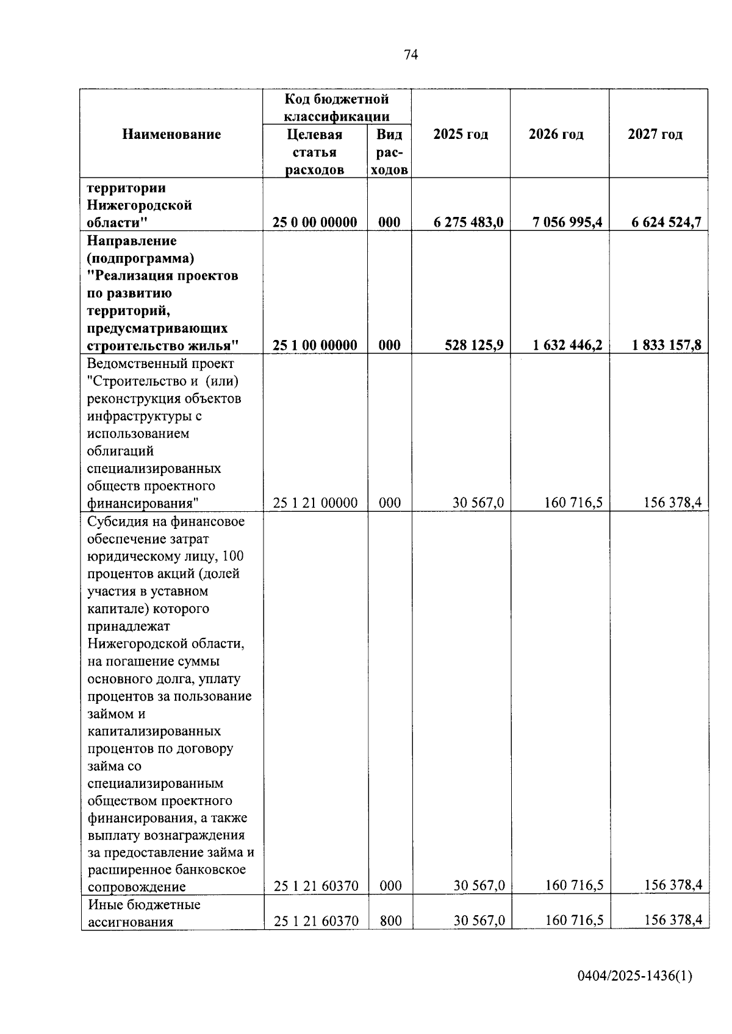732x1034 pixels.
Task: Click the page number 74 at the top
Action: pyautogui.click(x=411, y=55)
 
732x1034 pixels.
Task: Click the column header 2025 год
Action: pyautogui.click(x=461, y=135)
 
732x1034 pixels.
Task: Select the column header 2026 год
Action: pyautogui.click(x=556, y=135)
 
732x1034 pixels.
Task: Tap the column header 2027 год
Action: pyautogui.click(x=655, y=135)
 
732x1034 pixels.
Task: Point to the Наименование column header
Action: pyautogui.click(x=171, y=135)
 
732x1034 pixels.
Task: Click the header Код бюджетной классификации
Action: pyautogui.click(x=337, y=107)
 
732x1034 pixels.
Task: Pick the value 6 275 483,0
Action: pyautogui.click(x=468, y=222)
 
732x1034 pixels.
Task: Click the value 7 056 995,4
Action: pyautogui.click(x=567, y=222)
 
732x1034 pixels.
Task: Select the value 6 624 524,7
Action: pyautogui.click(x=666, y=222)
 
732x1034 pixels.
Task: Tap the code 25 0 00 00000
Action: pyautogui.click(x=315, y=222)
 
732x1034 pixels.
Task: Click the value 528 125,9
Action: pyautogui.click(x=475, y=345)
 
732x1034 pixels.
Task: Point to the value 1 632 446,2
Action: pyautogui.click(x=567, y=345)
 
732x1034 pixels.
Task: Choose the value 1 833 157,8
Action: pyautogui.click(x=666, y=345)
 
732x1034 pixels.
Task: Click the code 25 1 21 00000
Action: pyautogui.click(x=315, y=503)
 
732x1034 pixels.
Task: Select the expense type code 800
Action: pyautogui.click(x=390, y=921)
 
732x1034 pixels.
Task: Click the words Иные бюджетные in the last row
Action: pyautogui.click(x=144, y=904)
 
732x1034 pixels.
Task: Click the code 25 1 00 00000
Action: pyautogui.click(x=315, y=345)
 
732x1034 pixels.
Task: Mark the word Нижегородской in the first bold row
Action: pyautogui.click(x=139, y=205)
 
